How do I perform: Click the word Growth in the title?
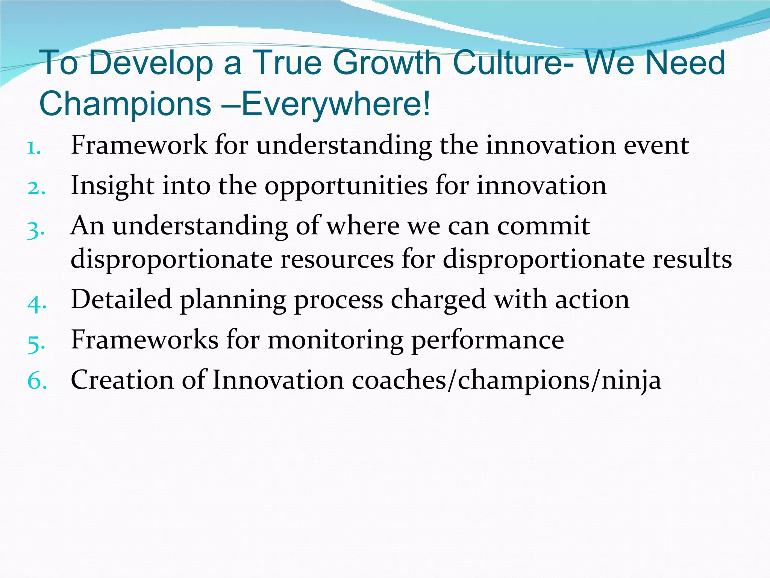tap(388, 63)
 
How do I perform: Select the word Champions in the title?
tap(125, 104)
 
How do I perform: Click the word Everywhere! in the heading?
tap(335, 104)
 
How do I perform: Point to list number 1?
tap(34, 148)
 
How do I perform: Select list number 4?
tap(37, 303)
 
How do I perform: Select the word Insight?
tap(112, 186)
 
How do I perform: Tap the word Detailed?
tap(121, 300)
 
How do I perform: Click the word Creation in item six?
tap(122, 380)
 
